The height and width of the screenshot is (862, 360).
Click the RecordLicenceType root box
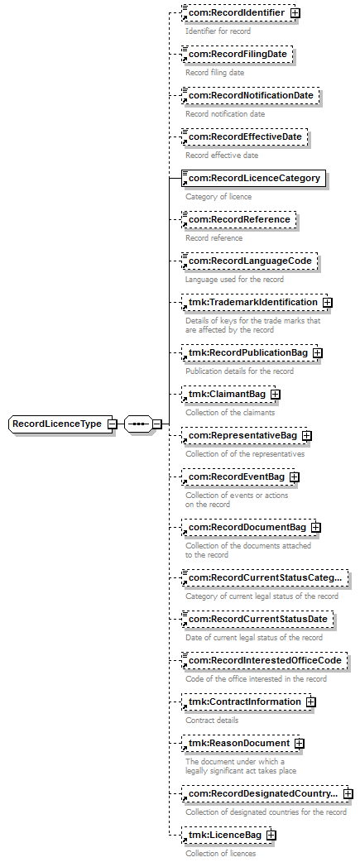tap(60, 424)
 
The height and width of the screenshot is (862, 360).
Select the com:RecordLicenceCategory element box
tap(253, 178)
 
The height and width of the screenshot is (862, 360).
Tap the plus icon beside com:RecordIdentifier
tap(295, 12)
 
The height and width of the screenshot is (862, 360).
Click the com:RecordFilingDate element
tap(237, 55)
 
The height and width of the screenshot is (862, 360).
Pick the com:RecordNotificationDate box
tap(251, 96)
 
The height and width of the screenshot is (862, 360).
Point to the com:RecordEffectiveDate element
tap(245, 136)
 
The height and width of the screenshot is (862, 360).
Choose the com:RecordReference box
tap(239, 219)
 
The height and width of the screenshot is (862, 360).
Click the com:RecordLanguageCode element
tap(250, 261)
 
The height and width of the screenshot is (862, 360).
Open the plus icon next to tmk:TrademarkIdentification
tap(328, 302)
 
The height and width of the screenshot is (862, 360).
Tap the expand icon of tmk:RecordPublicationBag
tap(317, 353)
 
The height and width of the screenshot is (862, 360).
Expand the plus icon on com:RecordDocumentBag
tap(316, 527)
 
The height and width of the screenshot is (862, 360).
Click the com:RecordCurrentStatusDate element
tap(257, 619)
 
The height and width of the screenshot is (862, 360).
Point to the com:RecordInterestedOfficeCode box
tap(265, 660)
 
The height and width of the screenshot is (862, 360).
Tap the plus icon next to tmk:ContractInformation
tap(311, 702)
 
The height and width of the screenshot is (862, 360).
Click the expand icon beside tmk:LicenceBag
tap(271, 835)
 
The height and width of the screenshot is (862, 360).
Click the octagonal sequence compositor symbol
tap(138, 424)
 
